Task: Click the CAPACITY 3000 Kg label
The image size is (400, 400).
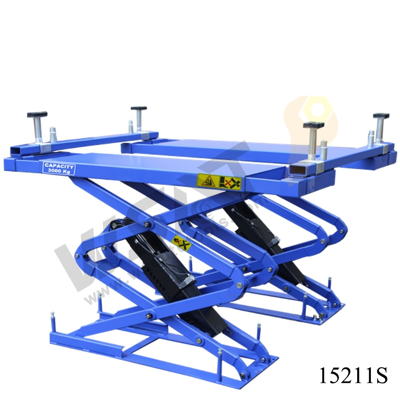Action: coord(59,168)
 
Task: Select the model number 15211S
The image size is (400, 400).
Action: coord(353,375)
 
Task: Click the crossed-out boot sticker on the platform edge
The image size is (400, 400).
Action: coord(231,183)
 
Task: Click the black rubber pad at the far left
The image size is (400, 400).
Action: coord(37,114)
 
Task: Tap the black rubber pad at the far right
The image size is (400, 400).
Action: coord(381,116)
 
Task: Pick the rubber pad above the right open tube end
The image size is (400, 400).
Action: coord(313,125)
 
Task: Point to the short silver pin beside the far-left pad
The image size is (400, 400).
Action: coord(53,134)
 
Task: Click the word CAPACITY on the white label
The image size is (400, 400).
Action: coord(59,165)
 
